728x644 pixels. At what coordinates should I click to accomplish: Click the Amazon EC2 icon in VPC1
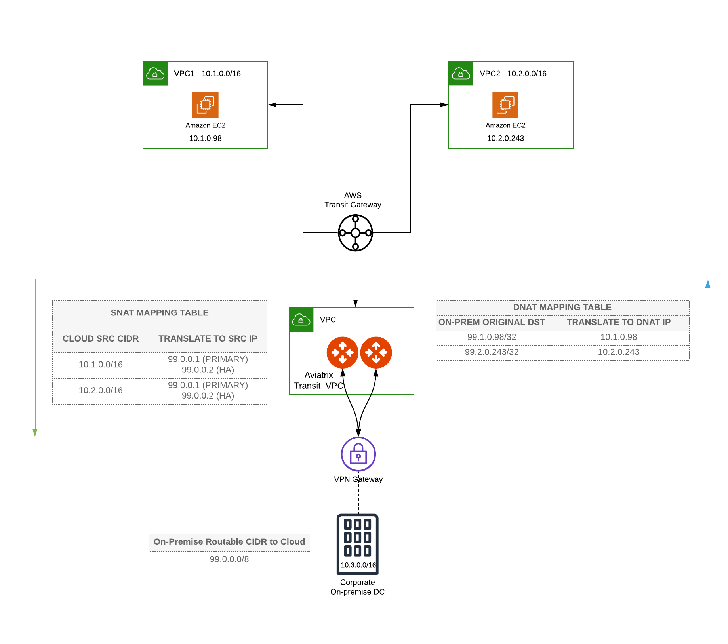click(x=205, y=105)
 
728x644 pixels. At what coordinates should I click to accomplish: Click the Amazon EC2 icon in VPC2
click(x=505, y=105)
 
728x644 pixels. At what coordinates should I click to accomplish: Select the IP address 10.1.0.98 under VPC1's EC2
click(x=205, y=138)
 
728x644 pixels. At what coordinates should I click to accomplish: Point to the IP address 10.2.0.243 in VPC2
click(x=505, y=138)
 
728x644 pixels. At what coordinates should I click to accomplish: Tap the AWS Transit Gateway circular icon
click(x=355, y=233)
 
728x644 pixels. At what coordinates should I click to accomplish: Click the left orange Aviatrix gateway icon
click(x=342, y=352)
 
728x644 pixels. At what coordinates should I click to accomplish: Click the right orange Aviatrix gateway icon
click(x=376, y=352)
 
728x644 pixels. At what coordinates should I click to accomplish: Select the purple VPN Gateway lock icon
click(x=358, y=454)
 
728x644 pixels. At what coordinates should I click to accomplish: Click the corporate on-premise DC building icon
click(x=357, y=543)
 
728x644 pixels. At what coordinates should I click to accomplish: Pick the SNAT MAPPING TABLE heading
click(x=159, y=313)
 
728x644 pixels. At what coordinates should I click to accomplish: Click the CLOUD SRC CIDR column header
click(x=101, y=339)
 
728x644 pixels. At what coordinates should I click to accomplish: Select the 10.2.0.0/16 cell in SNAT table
click(x=101, y=390)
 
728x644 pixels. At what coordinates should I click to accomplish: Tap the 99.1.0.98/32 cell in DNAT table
click(x=492, y=337)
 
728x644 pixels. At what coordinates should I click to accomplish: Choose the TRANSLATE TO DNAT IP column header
click(x=618, y=322)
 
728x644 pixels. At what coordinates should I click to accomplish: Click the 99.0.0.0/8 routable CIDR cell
click(x=229, y=559)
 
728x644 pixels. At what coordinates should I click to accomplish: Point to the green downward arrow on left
click(x=35, y=356)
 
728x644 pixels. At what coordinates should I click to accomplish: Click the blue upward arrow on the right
click(x=707, y=356)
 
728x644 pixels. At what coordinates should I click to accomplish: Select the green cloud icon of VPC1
click(x=155, y=74)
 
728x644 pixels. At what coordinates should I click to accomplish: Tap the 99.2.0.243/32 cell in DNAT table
click(x=492, y=352)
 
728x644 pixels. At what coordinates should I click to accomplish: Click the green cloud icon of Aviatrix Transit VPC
click(x=301, y=319)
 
